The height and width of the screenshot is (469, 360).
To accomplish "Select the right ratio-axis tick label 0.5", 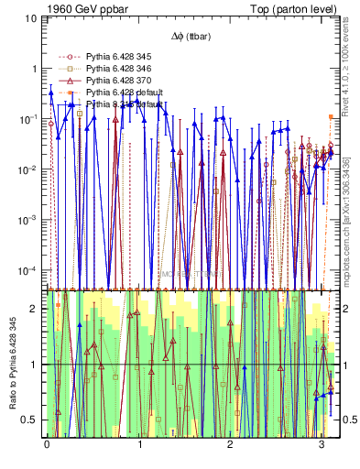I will tap(341, 420).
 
